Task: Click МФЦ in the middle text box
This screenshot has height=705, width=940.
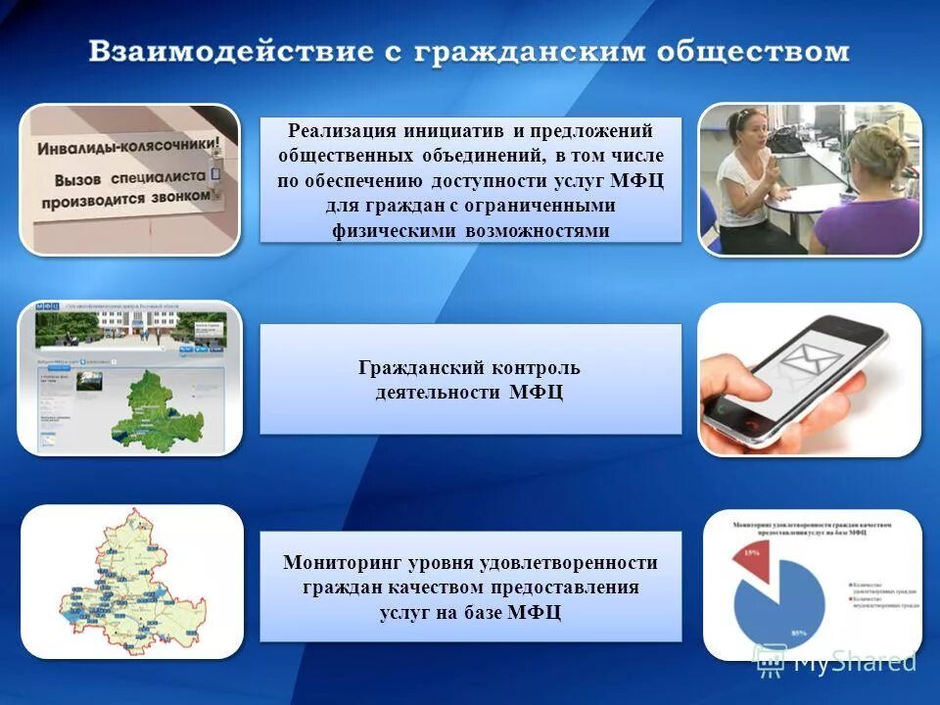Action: tap(536, 393)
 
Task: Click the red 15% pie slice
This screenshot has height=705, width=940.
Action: tap(752, 557)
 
